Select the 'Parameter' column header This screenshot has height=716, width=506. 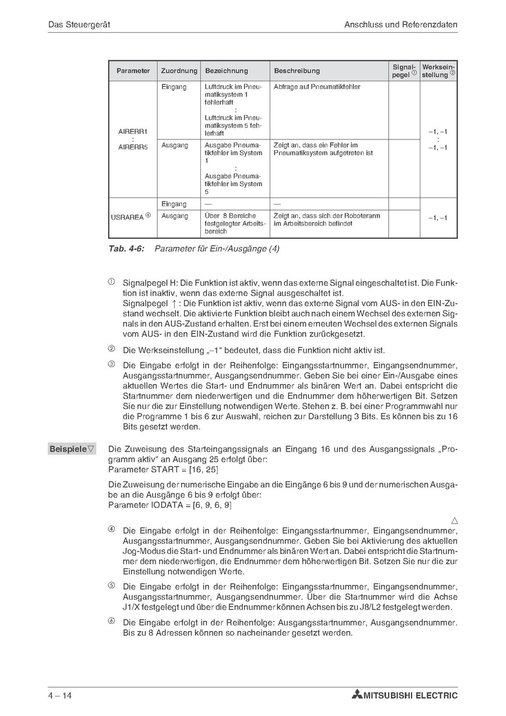[133, 71]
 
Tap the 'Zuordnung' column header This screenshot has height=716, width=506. [179, 71]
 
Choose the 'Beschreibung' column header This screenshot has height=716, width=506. [297, 71]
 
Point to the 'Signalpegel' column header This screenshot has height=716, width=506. [404, 71]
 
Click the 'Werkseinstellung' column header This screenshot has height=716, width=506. [438, 71]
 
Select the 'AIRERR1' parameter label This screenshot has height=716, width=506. [133, 130]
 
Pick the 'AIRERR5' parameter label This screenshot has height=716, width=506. [133, 147]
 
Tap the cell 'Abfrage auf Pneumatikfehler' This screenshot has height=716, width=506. [317, 87]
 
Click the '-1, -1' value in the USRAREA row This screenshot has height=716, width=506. [438, 218]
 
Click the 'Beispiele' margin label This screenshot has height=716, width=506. [72, 449]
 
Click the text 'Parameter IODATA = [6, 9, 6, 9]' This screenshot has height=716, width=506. [170, 505]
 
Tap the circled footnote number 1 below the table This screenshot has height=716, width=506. [111, 281]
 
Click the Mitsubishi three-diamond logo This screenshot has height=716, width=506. [357, 695]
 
